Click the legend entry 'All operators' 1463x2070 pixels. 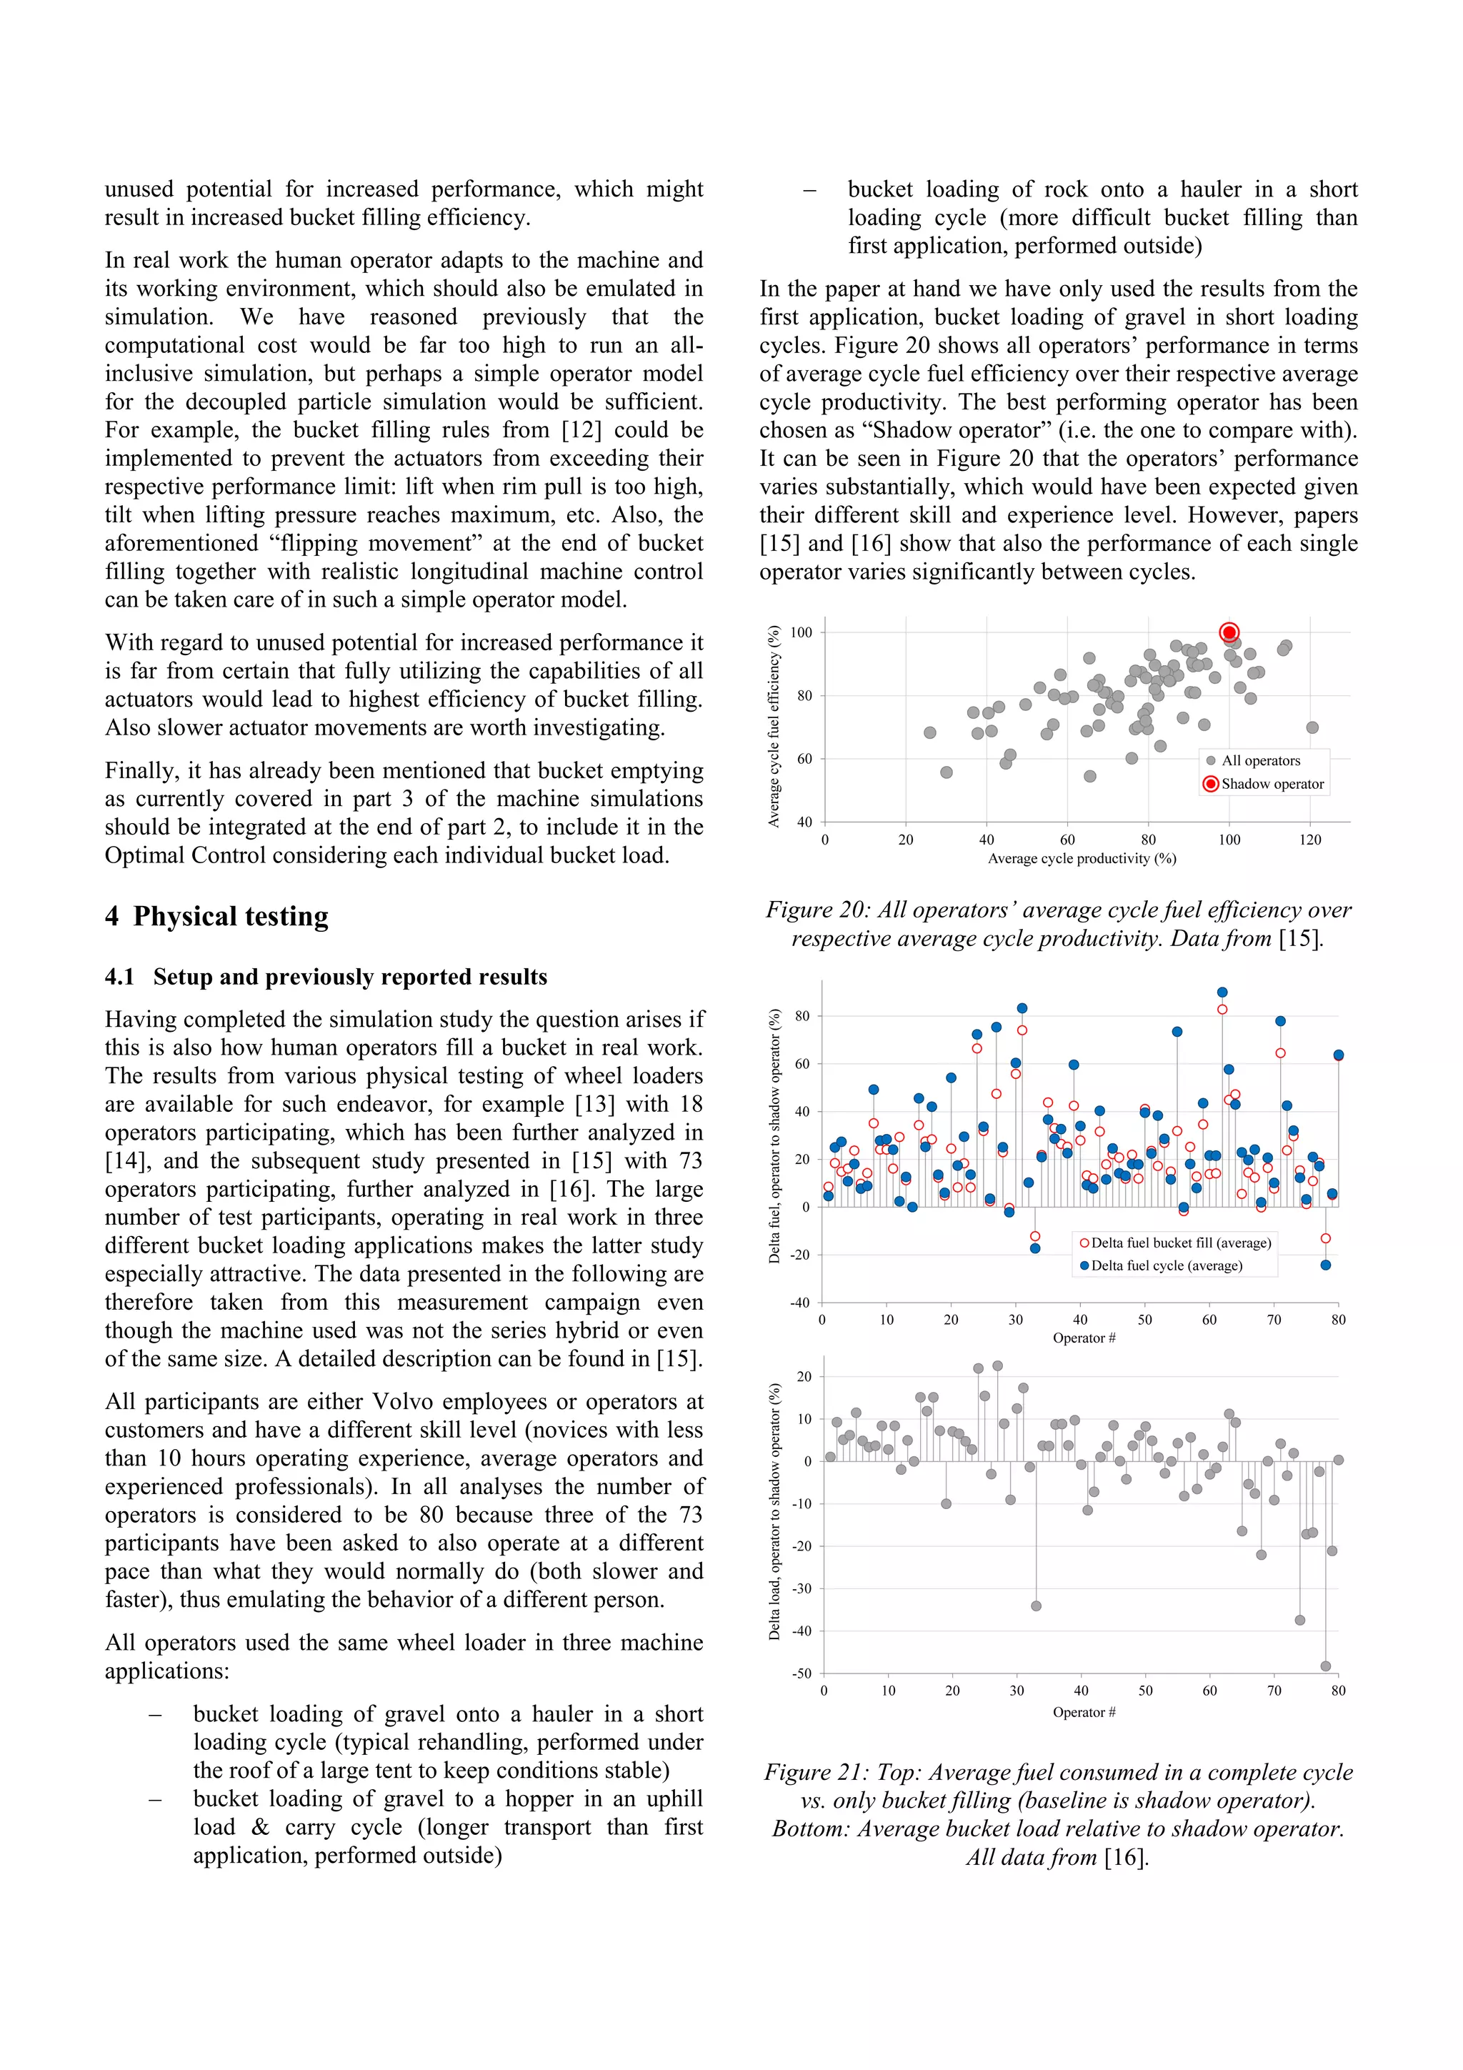pos(1260,760)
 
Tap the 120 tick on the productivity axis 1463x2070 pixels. pos(1309,840)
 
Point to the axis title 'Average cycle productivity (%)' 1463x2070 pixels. pos(1082,858)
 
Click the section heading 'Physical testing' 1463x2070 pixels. pos(230,916)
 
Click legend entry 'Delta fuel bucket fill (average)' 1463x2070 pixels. pos(1180,1243)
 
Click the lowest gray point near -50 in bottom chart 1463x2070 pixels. pos(1325,1666)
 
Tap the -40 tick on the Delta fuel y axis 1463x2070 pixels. pos(799,1302)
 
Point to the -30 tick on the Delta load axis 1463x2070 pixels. pos(802,1588)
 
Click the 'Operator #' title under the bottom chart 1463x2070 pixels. pos(1084,1711)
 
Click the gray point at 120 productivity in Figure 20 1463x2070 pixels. pos(1312,727)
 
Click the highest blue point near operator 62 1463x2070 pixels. pos(1222,992)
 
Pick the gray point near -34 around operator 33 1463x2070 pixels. pos(1036,1606)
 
